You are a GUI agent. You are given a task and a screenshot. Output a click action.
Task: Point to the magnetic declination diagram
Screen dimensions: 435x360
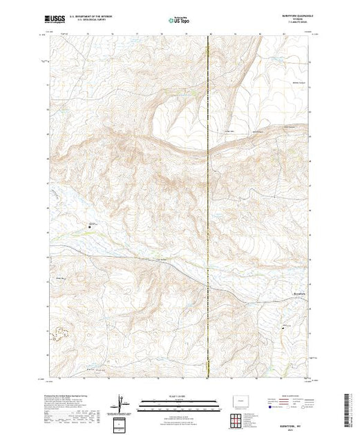122,402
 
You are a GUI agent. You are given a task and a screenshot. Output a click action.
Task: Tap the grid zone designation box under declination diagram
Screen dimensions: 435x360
122,423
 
